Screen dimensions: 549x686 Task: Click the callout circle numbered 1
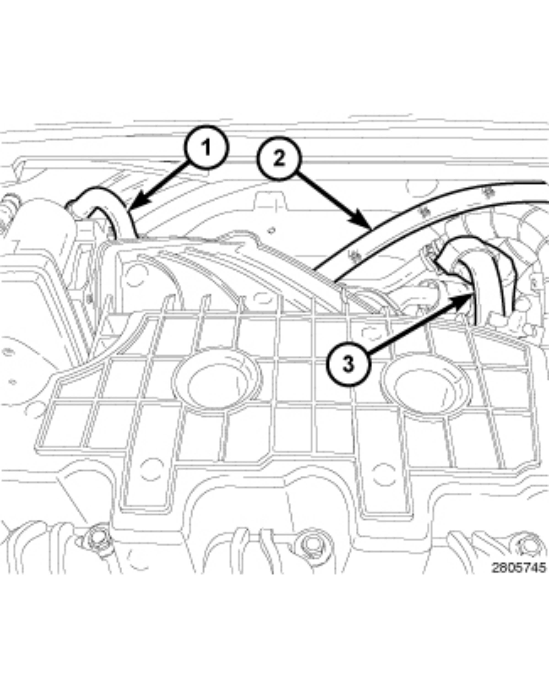(x=207, y=148)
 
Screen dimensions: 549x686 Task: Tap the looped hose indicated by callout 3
(x=471, y=255)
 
